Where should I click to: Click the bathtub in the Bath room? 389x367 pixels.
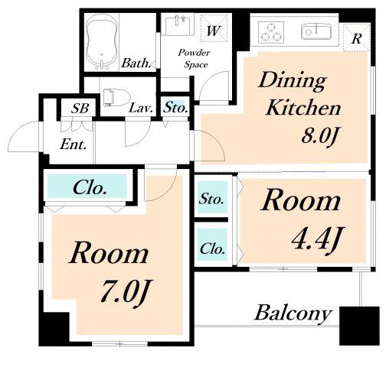102,42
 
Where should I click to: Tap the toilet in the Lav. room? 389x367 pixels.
116,98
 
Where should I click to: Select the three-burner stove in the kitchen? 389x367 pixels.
271,32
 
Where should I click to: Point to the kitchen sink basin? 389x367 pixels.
316,31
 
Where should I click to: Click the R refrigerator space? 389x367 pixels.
356,37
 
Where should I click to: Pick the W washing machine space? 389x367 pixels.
214,28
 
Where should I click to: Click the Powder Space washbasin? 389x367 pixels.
178,25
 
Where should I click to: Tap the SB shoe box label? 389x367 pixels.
80,108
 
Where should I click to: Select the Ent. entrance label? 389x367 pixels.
73,145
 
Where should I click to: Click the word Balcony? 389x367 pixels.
293,313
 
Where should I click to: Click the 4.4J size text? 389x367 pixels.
318,239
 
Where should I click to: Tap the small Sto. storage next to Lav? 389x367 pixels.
175,107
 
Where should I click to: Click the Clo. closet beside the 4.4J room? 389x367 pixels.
212,245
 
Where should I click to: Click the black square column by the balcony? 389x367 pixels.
359,326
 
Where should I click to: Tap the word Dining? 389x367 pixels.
292,80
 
